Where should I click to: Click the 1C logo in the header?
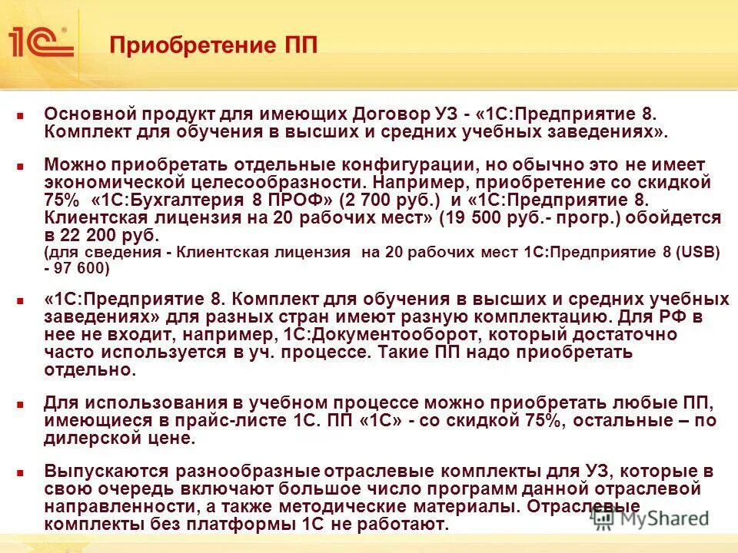[40, 41]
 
